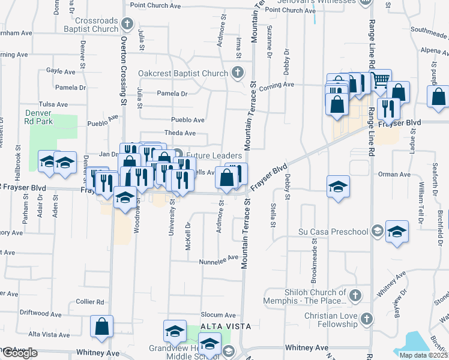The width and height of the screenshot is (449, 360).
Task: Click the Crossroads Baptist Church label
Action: point(89,25)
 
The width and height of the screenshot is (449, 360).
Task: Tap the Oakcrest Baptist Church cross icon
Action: point(238,74)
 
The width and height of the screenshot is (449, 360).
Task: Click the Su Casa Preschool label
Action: point(333,232)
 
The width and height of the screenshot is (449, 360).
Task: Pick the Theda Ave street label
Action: point(181,133)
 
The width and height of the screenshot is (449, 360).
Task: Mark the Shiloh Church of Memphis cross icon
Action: point(355,295)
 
